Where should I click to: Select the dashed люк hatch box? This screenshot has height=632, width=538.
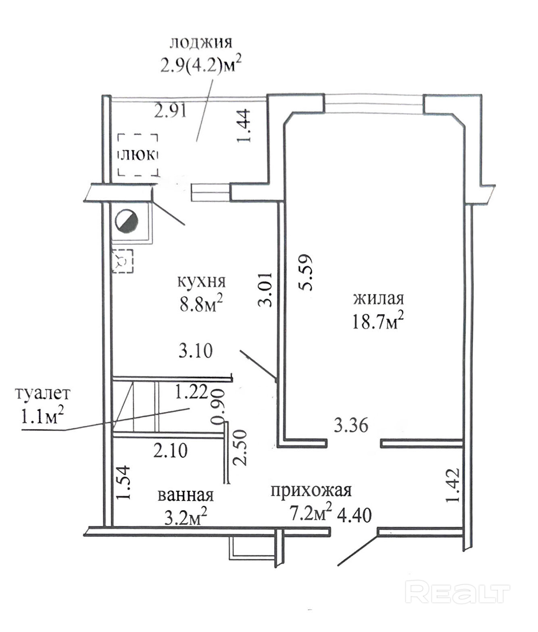(x=138, y=155)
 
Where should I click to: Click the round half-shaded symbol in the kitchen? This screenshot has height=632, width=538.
(x=127, y=221)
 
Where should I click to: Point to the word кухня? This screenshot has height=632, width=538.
(x=202, y=281)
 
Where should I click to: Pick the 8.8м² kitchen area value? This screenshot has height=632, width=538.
(x=201, y=304)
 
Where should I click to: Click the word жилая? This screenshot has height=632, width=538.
(x=378, y=299)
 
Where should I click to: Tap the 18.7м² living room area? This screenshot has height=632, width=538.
(x=378, y=321)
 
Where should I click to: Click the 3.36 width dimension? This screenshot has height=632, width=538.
(x=351, y=426)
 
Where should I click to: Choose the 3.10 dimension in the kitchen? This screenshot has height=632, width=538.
(x=196, y=351)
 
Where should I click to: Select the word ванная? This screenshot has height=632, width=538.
(x=186, y=495)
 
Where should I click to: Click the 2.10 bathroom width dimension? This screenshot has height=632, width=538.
(x=170, y=450)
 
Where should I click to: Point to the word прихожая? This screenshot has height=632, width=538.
(x=311, y=490)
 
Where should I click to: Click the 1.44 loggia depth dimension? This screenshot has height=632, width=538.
(x=244, y=125)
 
